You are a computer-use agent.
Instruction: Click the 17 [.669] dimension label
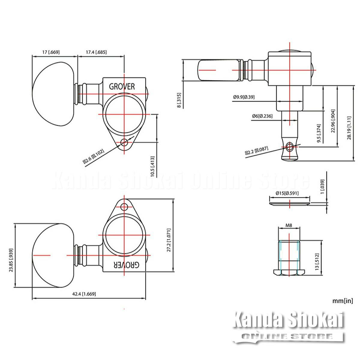click(51, 52)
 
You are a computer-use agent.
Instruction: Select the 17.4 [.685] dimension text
click(96, 52)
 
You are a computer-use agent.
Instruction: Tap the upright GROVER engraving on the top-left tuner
click(122, 86)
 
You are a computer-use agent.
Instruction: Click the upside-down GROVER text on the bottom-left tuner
click(127, 265)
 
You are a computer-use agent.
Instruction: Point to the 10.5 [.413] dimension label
click(153, 166)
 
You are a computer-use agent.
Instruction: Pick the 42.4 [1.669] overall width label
click(84, 294)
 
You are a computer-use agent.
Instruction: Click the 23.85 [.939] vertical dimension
click(11, 260)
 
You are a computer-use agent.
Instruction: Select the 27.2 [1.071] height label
click(169, 240)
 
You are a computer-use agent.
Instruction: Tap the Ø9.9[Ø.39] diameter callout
click(244, 97)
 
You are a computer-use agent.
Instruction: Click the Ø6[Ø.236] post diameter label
click(262, 116)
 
